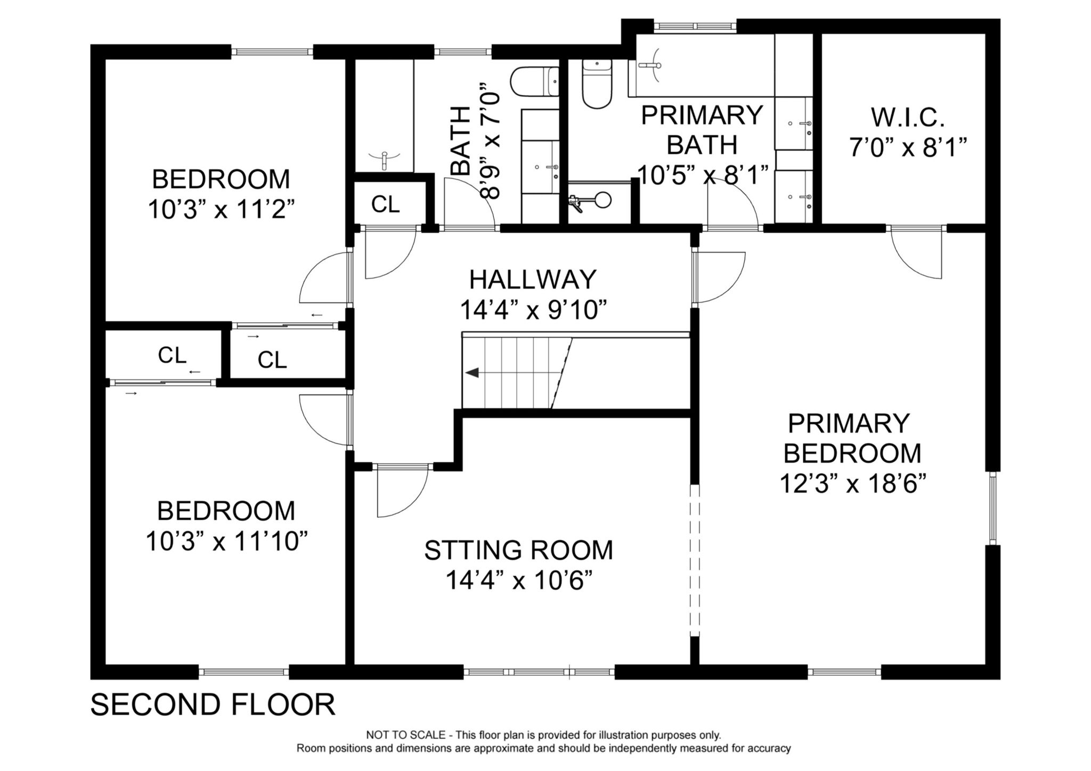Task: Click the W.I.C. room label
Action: pyautogui.click(x=908, y=117)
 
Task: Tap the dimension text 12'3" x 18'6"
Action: pyautogui.click(x=853, y=484)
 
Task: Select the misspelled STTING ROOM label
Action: pyautogui.click(x=518, y=550)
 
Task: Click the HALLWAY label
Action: pyautogui.click(x=533, y=279)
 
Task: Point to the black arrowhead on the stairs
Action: pyautogui.click(x=472, y=373)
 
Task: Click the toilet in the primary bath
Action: pyautogui.click(x=597, y=85)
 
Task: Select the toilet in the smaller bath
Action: pyautogui.click(x=533, y=82)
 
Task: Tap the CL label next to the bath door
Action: pyautogui.click(x=385, y=204)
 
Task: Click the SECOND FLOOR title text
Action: pyautogui.click(x=213, y=704)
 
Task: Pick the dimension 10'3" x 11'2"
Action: pyautogui.click(x=221, y=210)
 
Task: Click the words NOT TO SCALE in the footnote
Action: pyautogui.click(x=405, y=735)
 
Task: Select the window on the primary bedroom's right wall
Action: pyautogui.click(x=992, y=508)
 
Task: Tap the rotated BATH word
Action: pyautogui.click(x=461, y=141)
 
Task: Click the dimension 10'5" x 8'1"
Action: pyautogui.click(x=703, y=175)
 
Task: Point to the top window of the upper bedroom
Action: pyautogui.click(x=272, y=52)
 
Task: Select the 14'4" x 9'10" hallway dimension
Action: pyautogui.click(x=533, y=310)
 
